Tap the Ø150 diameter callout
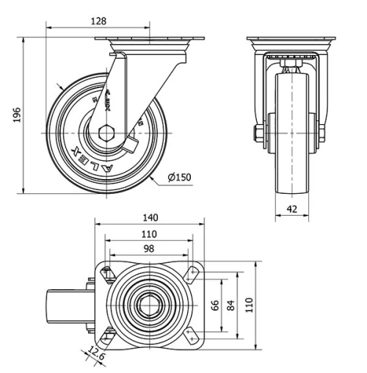click(178, 177)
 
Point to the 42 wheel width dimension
click(292, 208)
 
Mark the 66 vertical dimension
click(216, 305)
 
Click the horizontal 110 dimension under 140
click(149, 234)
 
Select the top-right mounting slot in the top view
click(193, 273)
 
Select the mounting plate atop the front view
click(292, 39)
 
